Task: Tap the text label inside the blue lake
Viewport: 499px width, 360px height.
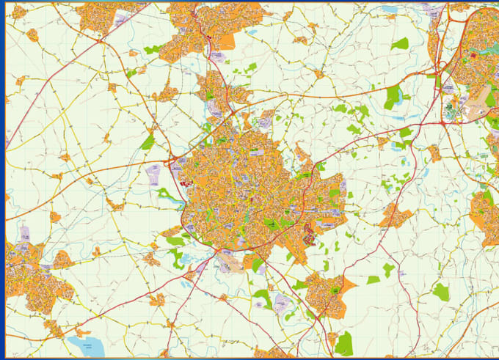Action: pyautogui.click(x=89, y=343)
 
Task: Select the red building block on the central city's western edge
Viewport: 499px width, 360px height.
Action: pyautogui.click(x=179, y=168)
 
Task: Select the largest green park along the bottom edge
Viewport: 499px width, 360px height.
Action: pyautogui.click(x=343, y=342)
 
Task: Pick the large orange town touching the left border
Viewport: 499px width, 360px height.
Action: pyautogui.click(x=29, y=275)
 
